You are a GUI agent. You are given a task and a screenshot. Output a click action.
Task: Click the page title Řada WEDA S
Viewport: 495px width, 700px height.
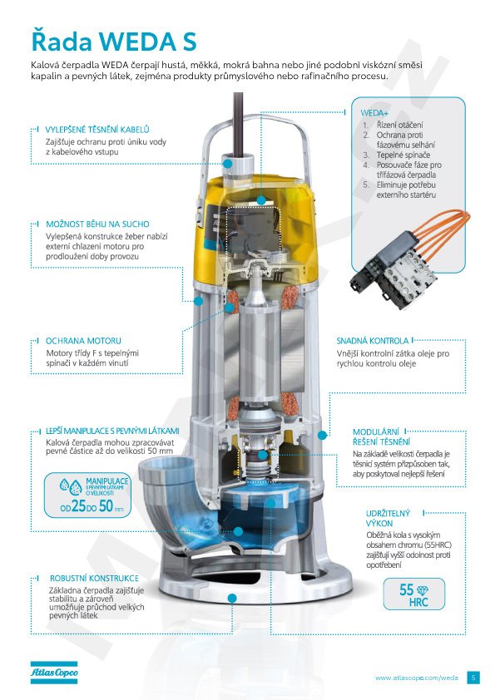[x=113, y=41]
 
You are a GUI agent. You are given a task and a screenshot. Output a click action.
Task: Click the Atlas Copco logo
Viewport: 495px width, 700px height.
[x=54, y=673]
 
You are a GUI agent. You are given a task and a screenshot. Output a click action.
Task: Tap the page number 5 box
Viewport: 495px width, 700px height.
[x=473, y=678]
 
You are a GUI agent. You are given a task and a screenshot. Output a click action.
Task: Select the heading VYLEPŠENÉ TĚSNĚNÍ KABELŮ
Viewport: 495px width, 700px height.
[x=97, y=130]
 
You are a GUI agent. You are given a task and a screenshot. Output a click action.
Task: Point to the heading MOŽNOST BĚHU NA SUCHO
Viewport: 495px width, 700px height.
[x=97, y=224]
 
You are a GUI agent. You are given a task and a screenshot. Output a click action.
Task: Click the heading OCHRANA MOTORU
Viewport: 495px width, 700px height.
[x=83, y=341]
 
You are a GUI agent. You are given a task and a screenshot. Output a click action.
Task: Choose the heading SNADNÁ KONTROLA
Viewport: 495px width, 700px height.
[x=373, y=341]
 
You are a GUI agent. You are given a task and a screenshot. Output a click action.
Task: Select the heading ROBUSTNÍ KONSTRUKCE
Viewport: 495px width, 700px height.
[x=94, y=578]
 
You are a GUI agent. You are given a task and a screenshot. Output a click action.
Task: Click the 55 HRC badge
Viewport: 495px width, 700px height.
[x=413, y=594]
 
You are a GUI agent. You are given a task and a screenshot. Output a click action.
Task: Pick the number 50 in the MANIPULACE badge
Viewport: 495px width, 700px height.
[x=106, y=506]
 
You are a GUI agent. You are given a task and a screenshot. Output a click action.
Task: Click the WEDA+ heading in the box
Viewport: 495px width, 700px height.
[x=374, y=113]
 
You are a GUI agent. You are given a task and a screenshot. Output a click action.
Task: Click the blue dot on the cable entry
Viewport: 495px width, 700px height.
[x=227, y=164]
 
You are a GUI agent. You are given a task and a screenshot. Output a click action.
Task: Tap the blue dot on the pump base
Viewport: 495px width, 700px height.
[x=232, y=599]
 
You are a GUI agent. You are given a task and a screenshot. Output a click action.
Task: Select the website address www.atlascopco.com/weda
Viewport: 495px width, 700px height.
[x=416, y=678]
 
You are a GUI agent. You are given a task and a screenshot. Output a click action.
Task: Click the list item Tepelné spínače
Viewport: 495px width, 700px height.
[x=403, y=155]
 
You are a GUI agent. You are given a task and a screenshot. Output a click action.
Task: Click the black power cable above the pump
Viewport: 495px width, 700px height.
[x=238, y=124]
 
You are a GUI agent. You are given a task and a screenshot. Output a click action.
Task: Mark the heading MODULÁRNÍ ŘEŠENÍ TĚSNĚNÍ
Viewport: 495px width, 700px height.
[x=381, y=436]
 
